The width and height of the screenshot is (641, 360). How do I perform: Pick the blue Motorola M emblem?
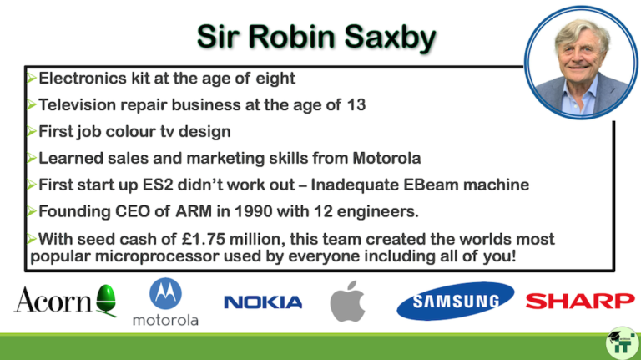coord(165,294)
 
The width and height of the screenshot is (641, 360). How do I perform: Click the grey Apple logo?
coord(347,301)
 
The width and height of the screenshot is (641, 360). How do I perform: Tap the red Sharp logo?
coord(579,301)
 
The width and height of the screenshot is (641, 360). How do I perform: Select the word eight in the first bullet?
coord(275,79)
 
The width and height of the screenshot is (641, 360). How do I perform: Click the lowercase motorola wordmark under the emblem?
coord(165,319)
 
